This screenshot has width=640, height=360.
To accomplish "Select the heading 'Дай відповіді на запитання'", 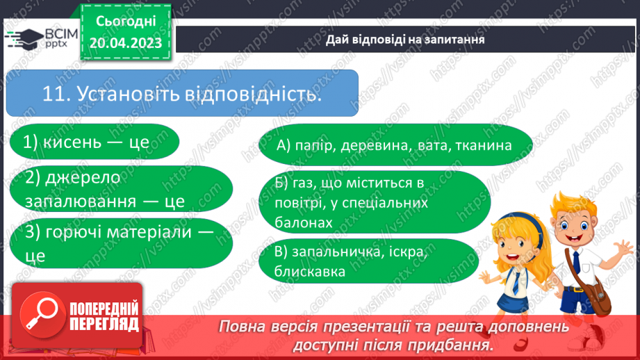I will (x=405, y=40).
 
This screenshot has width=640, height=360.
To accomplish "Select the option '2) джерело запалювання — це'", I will (x=105, y=189).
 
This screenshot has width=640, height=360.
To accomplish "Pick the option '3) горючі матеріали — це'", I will (x=111, y=243).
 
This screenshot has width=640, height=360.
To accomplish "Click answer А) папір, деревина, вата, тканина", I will (x=394, y=145).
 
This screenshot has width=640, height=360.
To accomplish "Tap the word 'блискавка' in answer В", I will (x=310, y=271).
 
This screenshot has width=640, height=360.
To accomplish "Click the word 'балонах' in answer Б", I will (x=303, y=222).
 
